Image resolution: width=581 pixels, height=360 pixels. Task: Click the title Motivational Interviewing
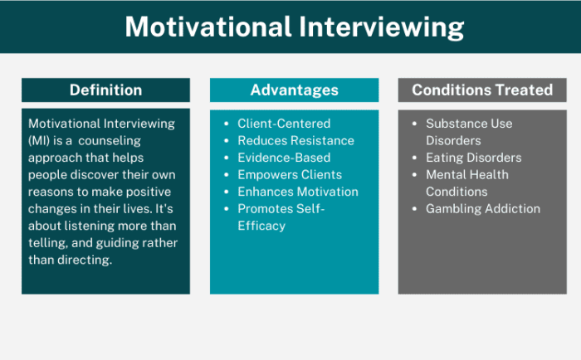pyautogui.click(x=294, y=27)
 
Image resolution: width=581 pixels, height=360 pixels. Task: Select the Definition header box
pyautogui.click(x=105, y=90)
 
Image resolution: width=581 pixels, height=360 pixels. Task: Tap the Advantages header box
pyautogui.click(x=294, y=90)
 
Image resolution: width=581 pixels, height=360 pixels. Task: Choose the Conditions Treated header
pyautogui.click(x=482, y=90)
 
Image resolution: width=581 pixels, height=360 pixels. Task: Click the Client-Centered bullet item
pyautogui.click(x=283, y=124)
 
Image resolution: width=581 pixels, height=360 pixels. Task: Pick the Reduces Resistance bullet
pyautogui.click(x=295, y=141)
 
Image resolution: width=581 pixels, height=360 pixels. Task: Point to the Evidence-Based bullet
pyautogui.click(x=284, y=158)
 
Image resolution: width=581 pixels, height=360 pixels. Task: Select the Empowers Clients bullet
pyautogui.click(x=290, y=175)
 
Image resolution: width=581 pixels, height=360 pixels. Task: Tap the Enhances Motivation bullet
pyautogui.click(x=298, y=192)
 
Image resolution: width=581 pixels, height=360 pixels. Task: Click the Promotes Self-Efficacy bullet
pyautogui.click(x=282, y=217)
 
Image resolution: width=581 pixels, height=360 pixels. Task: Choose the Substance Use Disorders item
pyautogui.click(x=469, y=132)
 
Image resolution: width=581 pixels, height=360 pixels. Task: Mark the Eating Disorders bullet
pyautogui.click(x=473, y=158)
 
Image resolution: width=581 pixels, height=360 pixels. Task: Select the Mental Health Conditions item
pyautogui.click(x=467, y=183)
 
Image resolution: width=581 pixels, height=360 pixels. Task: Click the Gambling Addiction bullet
pyautogui.click(x=483, y=209)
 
